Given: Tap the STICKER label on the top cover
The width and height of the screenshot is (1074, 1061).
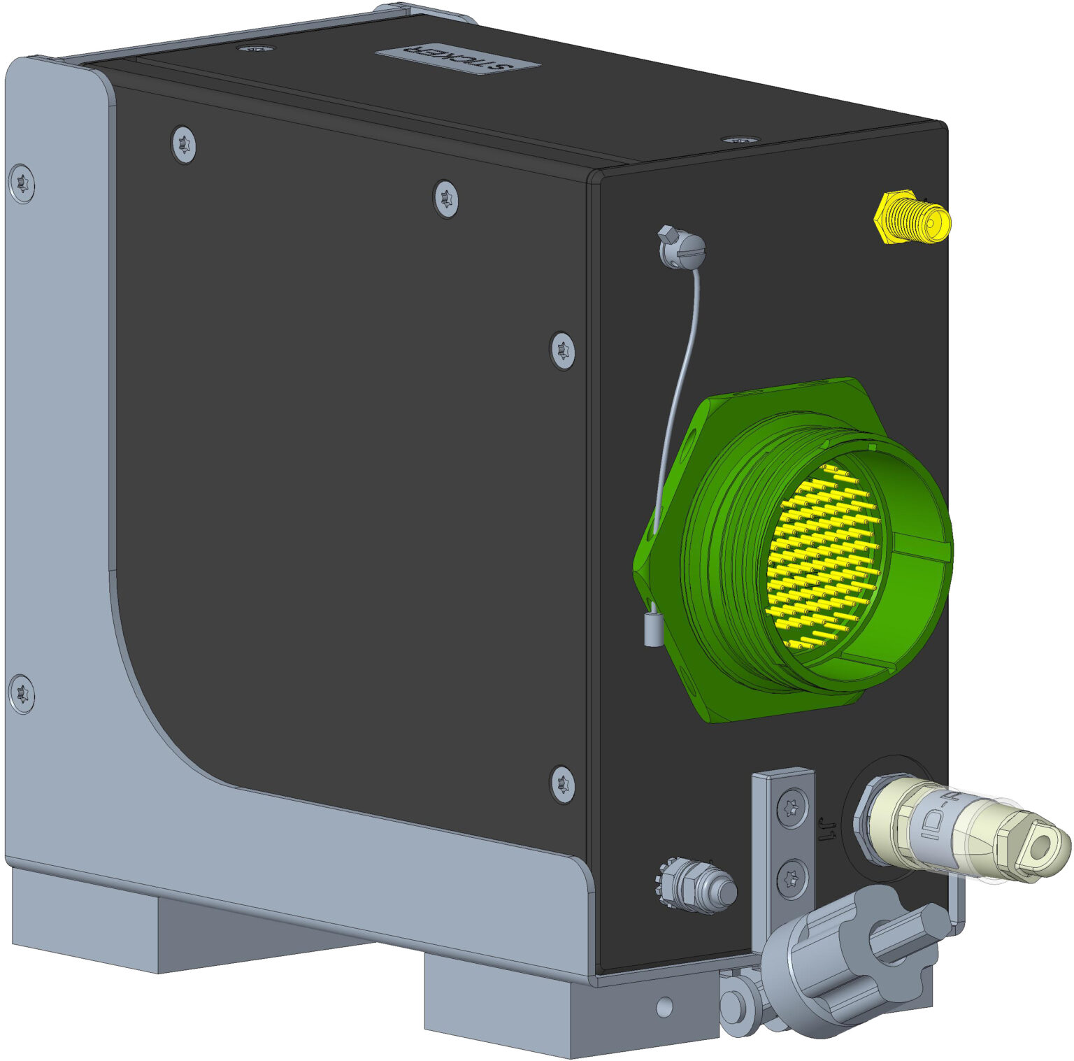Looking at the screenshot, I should tap(458, 59).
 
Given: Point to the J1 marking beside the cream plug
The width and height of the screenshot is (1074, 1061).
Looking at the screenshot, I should tap(826, 829).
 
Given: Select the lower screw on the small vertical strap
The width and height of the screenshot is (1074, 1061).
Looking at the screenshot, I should tap(792, 876).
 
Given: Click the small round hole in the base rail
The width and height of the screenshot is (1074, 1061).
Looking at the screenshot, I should tap(664, 1007).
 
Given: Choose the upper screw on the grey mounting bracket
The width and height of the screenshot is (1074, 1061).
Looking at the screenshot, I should tap(22, 184).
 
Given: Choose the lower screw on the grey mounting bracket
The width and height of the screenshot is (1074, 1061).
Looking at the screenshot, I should tap(22, 694).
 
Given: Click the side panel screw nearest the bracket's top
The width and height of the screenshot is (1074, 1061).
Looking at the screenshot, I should tap(184, 145).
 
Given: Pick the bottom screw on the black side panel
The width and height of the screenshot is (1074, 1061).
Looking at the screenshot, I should tap(563, 784).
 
